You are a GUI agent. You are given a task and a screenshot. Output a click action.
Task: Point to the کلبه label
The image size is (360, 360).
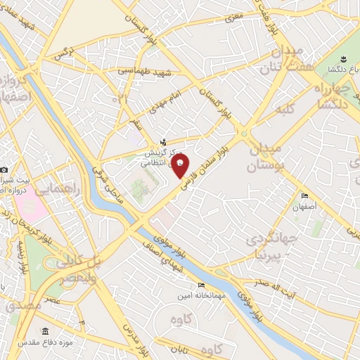[284, 109]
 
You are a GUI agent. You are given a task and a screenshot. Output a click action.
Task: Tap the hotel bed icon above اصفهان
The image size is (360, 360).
[304, 196]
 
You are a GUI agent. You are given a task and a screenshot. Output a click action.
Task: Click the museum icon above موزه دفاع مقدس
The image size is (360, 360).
[46, 331]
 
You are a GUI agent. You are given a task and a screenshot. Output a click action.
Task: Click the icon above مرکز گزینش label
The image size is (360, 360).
[164, 142]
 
